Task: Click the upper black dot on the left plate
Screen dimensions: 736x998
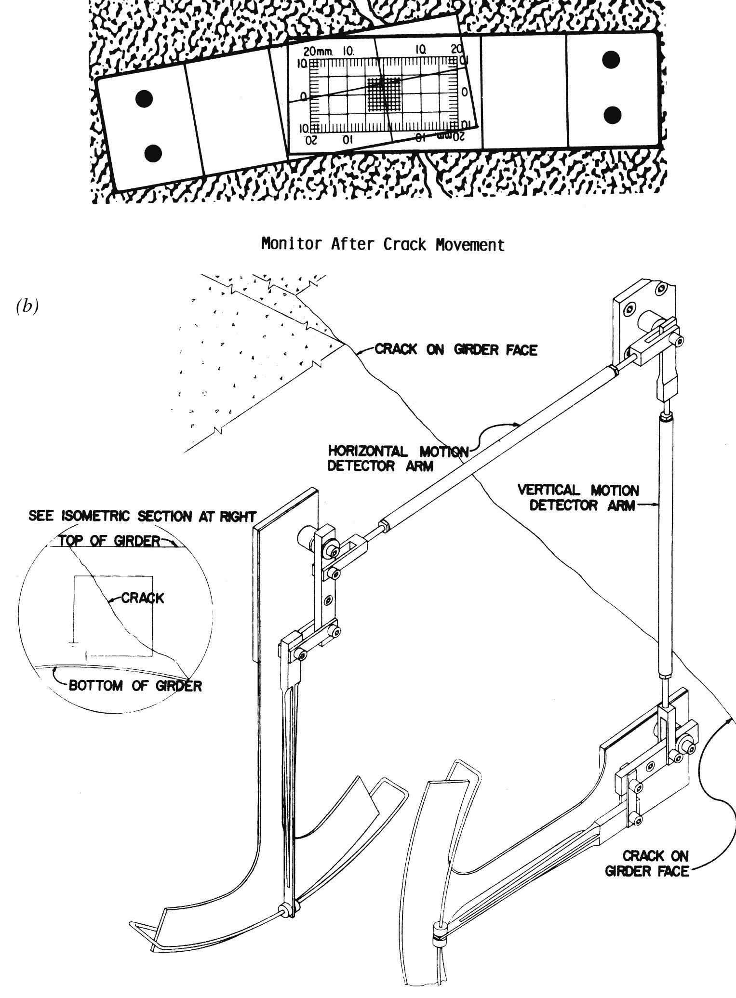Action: click(144, 99)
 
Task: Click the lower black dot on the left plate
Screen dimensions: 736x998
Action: click(153, 153)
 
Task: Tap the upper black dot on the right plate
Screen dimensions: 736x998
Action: click(611, 60)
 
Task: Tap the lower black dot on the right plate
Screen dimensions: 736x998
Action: click(612, 115)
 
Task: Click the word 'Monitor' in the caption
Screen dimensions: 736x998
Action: click(292, 244)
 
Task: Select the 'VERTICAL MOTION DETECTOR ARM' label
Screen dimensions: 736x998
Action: click(578, 498)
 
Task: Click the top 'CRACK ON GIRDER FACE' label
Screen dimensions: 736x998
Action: click(456, 350)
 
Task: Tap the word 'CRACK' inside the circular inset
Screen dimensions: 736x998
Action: click(143, 598)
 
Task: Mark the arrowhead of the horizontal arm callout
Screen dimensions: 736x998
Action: click(518, 425)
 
